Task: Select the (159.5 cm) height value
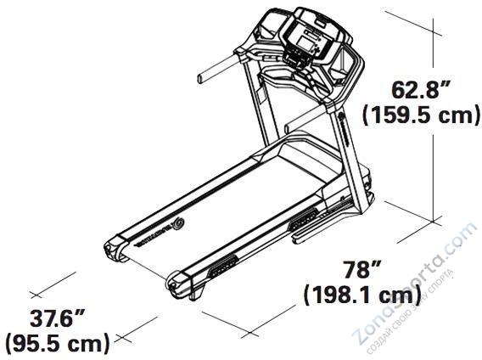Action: [x=421, y=115]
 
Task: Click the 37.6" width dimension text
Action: [x=57, y=320]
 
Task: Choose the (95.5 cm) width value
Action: [x=58, y=344]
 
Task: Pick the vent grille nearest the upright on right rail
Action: [x=303, y=223]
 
